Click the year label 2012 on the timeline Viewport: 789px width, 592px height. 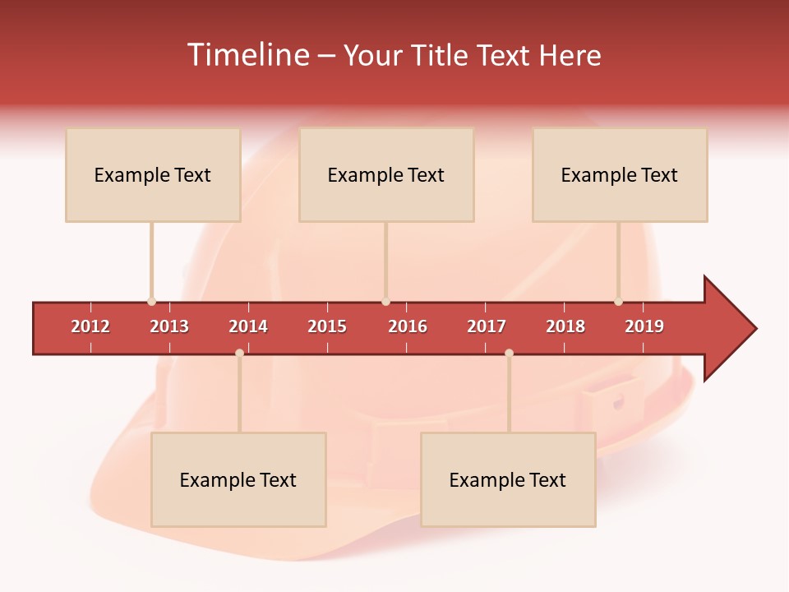[x=90, y=327]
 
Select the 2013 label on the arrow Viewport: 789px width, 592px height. [x=169, y=327]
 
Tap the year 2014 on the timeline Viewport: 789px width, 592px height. [x=248, y=327]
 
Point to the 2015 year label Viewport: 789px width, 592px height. [x=327, y=327]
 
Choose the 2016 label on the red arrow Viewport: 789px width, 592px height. [x=408, y=327]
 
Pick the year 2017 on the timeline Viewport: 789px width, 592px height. [x=487, y=327]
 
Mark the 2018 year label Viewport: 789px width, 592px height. [x=565, y=327]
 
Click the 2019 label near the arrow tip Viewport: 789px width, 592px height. [x=644, y=327]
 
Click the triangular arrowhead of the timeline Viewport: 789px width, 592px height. [x=727, y=329]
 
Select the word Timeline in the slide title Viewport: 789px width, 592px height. [x=247, y=55]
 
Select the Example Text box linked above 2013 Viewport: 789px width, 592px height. [x=153, y=175]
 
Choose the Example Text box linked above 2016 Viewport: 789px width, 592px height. [x=386, y=175]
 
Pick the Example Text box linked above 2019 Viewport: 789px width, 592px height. [x=620, y=175]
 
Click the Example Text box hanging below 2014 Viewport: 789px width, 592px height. [x=238, y=479]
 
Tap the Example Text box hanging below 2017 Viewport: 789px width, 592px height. [x=508, y=479]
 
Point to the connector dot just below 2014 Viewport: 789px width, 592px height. [x=239, y=353]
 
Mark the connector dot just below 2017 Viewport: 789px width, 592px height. [x=509, y=353]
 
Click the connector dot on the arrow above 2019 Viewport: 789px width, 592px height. [x=618, y=302]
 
